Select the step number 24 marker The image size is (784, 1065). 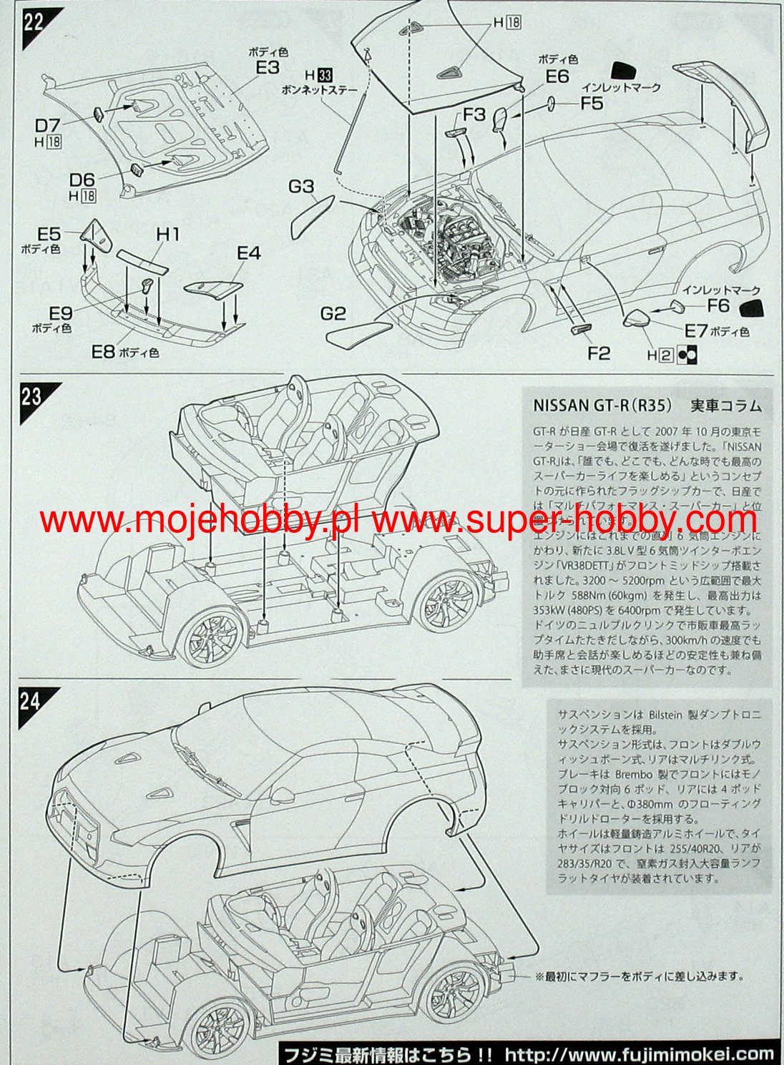pos(31,700)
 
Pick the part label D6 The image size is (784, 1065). pos(82,180)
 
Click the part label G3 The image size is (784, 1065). pos(301,187)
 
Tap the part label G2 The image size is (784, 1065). pos(333,313)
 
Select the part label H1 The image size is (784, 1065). pos(167,234)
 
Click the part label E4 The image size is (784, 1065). pos(249,252)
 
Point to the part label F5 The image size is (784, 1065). pos(591,104)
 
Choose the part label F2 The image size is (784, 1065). pos(598,353)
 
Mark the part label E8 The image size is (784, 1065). pos(103,351)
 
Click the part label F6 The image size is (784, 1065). pos(718,305)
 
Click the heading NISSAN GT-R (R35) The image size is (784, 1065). pos(602,406)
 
